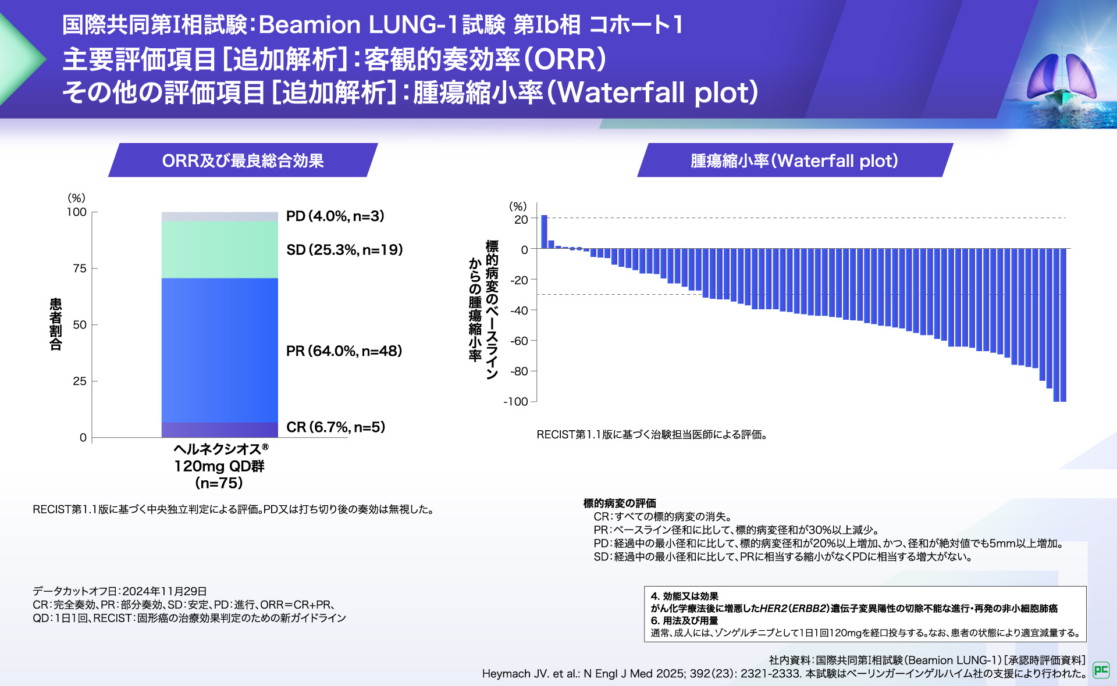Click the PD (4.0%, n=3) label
coord(335,216)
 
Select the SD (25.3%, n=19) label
coord(344,250)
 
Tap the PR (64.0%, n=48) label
coord(344,351)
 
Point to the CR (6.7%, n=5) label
coord(336,427)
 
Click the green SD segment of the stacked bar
coord(219,249)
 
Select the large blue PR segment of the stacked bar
coord(219,350)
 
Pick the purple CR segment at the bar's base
coord(219,430)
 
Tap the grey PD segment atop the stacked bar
coord(219,216)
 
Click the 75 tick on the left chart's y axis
coord(80,269)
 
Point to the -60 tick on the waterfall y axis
coord(519,341)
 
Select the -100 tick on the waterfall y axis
coord(516,402)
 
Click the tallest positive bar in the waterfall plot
coord(544,232)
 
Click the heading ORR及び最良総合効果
coord(243,160)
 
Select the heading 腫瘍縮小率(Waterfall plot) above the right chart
coord(794,160)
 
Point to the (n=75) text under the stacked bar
coord(219,483)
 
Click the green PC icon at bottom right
coord(1101,670)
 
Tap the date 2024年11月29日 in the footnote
coord(165,591)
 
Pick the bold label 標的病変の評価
coord(620,503)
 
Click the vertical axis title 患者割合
coord(56,324)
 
